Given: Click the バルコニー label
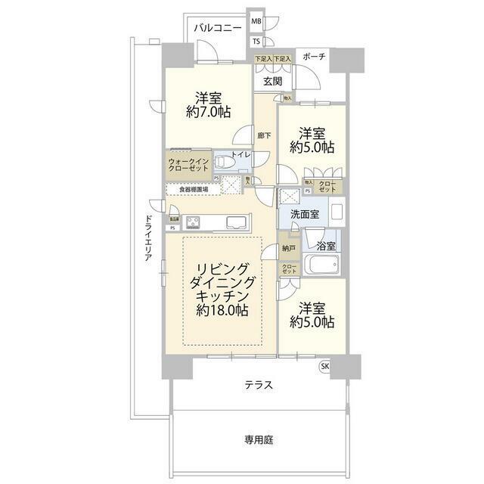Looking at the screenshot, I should point(218,29).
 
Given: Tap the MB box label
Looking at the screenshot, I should point(256,23).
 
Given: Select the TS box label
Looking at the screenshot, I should point(256,41).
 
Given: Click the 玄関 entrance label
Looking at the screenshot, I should point(272,81).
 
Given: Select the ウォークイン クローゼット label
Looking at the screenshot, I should point(189,166).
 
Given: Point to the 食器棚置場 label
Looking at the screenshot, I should point(194,190).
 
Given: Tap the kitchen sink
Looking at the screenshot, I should point(234,222).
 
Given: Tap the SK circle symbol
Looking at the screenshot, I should point(326,367).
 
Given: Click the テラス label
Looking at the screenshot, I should point(258,385).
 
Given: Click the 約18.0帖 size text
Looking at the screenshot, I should point(223,311).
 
